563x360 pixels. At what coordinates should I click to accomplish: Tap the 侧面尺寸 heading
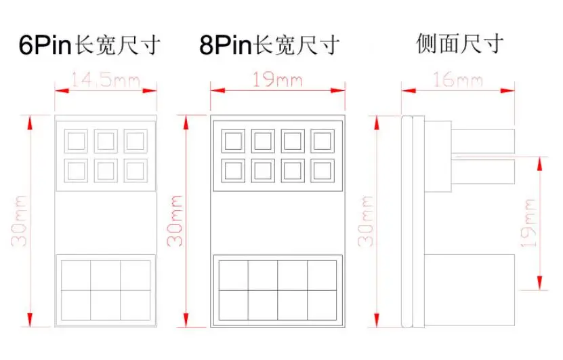click(460, 45)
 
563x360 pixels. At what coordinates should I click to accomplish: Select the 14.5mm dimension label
click(106, 81)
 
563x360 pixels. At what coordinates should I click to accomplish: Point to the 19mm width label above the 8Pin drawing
click(278, 81)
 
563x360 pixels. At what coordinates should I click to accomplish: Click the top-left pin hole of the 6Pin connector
click(75, 141)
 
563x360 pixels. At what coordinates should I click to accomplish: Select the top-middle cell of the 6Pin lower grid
click(106, 275)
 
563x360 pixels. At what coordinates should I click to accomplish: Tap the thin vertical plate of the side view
click(407, 220)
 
